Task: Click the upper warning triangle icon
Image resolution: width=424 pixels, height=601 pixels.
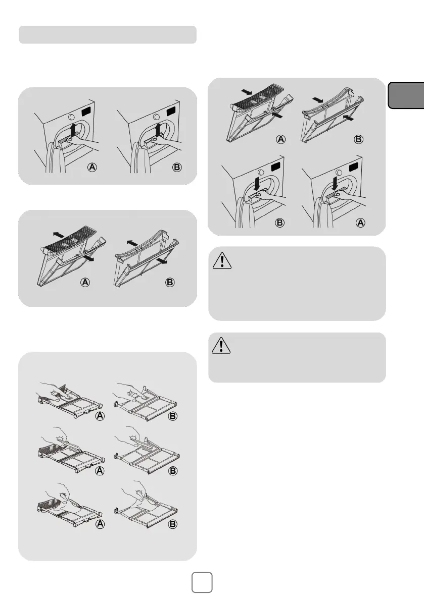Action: (x=222, y=261)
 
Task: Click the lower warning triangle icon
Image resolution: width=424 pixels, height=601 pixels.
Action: (x=221, y=345)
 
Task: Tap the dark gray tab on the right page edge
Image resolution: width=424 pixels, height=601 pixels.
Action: (x=406, y=95)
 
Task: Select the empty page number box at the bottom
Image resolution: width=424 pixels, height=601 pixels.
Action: (x=202, y=582)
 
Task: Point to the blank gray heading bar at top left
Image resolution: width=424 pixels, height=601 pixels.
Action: (x=108, y=34)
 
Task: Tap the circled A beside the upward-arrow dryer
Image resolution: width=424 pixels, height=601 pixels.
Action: (x=92, y=168)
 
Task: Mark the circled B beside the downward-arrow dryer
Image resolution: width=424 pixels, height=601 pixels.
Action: (x=280, y=223)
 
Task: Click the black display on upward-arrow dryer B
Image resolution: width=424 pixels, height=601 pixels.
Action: (x=171, y=111)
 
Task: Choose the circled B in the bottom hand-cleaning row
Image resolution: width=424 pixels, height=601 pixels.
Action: (x=173, y=524)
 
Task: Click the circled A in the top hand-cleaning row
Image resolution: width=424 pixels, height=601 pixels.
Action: (x=100, y=416)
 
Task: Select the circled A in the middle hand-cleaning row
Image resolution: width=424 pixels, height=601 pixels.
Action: (x=100, y=470)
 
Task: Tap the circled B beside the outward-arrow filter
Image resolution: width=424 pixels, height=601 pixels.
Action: (x=170, y=283)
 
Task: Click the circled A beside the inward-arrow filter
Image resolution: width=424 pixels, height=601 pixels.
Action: (x=281, y=139)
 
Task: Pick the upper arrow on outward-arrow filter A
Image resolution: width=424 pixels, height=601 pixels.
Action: (x=59, y=234)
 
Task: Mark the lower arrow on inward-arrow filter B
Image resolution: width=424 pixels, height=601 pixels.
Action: (x=349, y=117)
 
